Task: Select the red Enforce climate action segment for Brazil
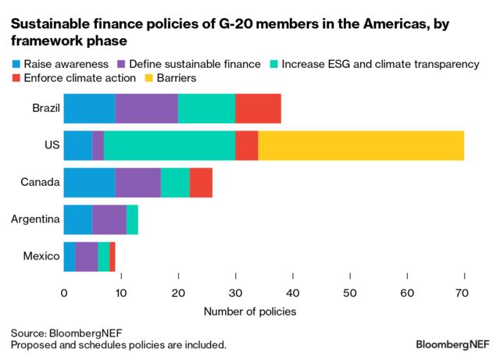(x=258, y=108)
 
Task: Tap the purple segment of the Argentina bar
(x=109, y=219)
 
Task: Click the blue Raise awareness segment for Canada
(x=89, y=182)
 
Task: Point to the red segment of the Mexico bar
(x=112, y=256)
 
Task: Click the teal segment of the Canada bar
(x=175, y=182)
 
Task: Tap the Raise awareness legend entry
(x=59, y=64)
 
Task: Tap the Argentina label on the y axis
(x=35, y=219)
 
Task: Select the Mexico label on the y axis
(x=41, y=256)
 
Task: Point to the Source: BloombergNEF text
(x=66, y=332)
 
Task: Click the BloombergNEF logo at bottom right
(x=453, y=344)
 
